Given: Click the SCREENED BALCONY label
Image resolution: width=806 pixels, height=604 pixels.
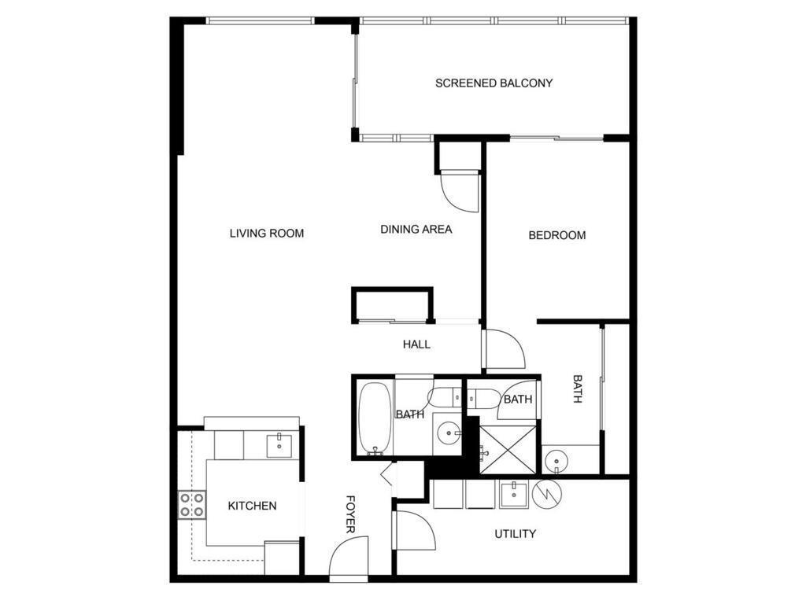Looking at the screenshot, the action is (x=494, y=83).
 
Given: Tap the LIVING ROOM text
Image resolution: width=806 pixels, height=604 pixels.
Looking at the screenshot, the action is (x=267, y=234).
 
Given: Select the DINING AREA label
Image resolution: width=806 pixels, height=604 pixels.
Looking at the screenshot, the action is (x=416, y=230).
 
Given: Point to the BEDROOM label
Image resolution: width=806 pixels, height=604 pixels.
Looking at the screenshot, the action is (x=557, y=235).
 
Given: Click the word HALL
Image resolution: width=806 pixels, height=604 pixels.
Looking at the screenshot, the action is (x=417, y=344).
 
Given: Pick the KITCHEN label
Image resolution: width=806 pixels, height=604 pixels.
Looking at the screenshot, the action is (x=253, y=506).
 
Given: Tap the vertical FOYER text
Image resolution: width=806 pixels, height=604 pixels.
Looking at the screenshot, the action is (x=350, y=514).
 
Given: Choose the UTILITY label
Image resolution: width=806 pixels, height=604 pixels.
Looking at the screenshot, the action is (x=515, y=534).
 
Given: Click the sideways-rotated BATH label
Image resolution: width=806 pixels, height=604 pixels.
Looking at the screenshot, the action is (x=578, y=389).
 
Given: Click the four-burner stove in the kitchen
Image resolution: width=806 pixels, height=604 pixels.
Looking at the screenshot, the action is (x=192, y=505).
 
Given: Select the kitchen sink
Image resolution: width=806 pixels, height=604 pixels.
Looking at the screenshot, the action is (x=279, y=445).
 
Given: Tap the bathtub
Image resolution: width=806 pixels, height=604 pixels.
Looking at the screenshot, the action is (x=375, y=418).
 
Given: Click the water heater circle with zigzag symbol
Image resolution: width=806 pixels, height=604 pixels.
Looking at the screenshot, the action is (x=548, y=494).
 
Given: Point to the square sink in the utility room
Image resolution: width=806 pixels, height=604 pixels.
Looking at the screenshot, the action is (x=513, y=494).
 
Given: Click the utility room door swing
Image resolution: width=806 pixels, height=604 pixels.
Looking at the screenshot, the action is (x=414, y=531).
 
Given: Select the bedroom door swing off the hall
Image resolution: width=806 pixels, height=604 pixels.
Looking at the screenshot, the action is (x=505, y=349).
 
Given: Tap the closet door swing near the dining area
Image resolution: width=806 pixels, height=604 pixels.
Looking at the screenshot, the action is (x=460, y=193).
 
